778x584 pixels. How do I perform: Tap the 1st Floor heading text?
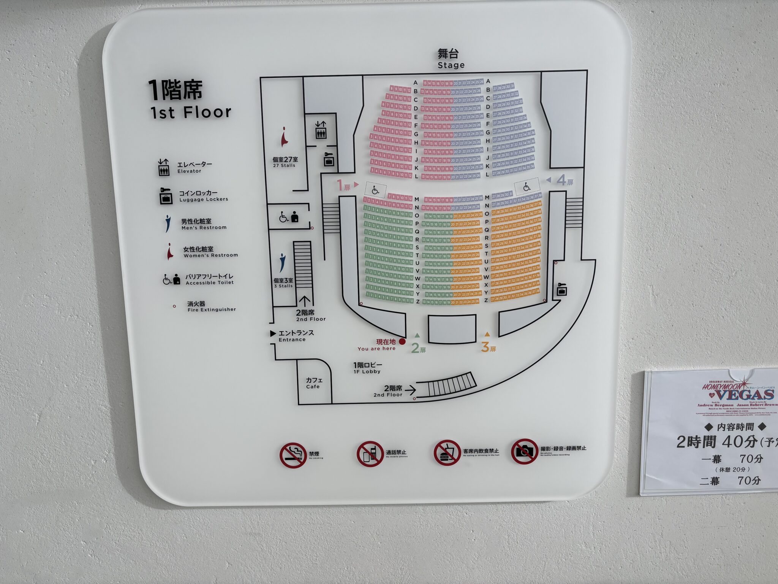[190, 112]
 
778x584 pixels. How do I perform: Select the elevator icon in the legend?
[164, 167]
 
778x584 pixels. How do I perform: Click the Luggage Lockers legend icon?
[166, 196]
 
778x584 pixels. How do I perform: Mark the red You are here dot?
[402, 341]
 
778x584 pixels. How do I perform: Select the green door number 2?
[415, 348]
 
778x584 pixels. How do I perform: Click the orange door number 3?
[485, 347]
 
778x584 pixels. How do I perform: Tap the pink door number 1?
[340, 185]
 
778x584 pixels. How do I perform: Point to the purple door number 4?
[561, 180]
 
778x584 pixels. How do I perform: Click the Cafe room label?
[314, 383]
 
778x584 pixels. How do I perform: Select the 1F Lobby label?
[367, 368]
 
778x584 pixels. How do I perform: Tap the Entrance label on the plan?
[296, 336]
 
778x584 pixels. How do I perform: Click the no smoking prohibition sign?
[293, 455]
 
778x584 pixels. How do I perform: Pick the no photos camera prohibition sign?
[524, 451]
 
